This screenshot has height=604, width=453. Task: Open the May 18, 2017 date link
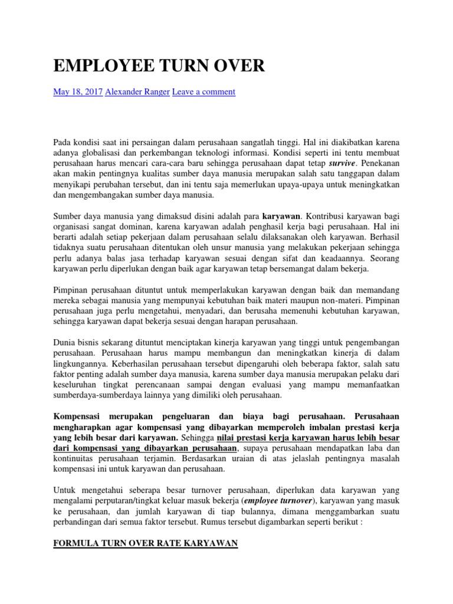[78, 92]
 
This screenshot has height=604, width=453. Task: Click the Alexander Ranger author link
[137, 92]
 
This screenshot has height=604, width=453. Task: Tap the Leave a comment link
[203, 92]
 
